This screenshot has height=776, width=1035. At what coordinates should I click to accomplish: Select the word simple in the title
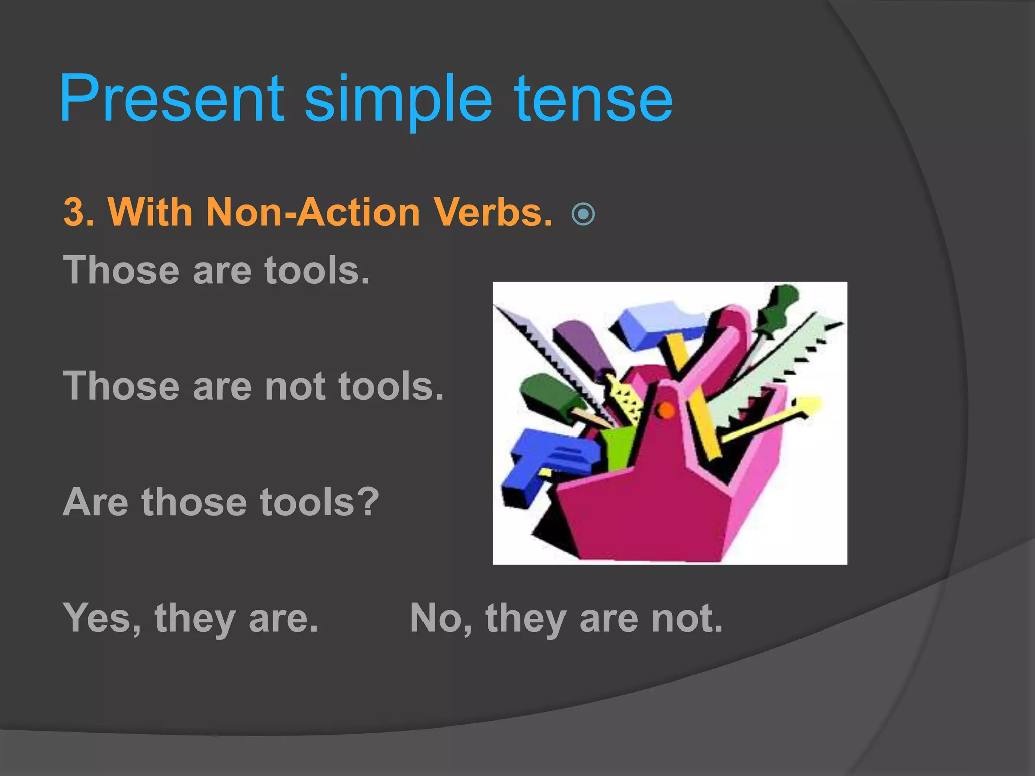click(x=398, y=101)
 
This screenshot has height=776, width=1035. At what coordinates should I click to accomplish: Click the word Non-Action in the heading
click(x=313, y=212)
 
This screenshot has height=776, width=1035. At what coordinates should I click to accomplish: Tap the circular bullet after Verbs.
click(x=583, y=214)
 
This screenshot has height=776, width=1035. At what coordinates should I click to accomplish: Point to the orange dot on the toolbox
click(x=666, y=410)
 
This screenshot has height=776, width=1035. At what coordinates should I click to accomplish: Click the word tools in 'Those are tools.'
click(x=317, y=271)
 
